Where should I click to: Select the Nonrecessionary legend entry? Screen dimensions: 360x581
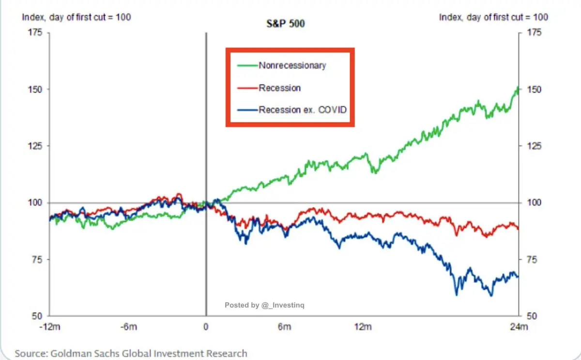tap(292, 65)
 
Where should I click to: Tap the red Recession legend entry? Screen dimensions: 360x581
tap(279, 88)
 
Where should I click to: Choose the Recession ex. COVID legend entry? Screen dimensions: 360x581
tap(303, 110)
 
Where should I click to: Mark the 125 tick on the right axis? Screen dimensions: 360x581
tap(532, 146)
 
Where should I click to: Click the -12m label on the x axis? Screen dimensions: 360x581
tap(50, 327)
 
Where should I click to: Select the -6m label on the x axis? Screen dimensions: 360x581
tap(129, 327)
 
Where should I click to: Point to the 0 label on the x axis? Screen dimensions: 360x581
tap(206, 327)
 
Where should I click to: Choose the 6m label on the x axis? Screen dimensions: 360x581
tap(285, 327)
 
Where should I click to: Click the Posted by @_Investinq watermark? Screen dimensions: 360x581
tap(264, 305)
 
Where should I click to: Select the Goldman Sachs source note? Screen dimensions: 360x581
tap(131, 353)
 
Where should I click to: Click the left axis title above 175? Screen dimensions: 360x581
tap(76, 17)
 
